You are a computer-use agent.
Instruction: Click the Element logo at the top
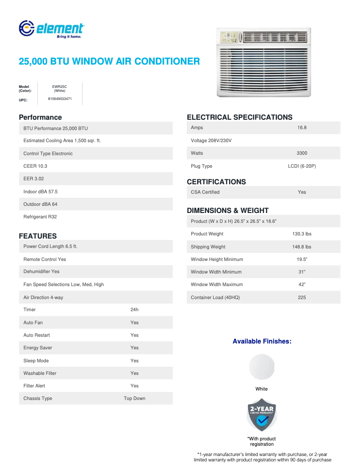pyautogui.click(x=51, y=29)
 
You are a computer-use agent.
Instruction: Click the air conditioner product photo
pyautogui.click(x=263, y=62)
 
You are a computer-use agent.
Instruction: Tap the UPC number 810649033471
pyautogui.click(x=60, y=98)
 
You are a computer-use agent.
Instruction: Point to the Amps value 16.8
pyautogui.click(x=302, y=128)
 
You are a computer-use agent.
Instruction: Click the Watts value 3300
pyautogui.click(x=302, y=153)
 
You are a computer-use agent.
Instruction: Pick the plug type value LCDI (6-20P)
pyautogui.click(x=302, y=166)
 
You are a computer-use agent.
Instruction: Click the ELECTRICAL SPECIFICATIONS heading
pyautogui.click(x=239, y=117)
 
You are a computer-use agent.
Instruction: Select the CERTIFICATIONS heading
pyautogui.click(x=216, y=182)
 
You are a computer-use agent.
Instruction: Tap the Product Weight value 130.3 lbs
pyautogui.click(x=302, y=234)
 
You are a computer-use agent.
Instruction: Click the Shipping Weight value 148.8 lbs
pyautogui.click(x=302, y=247)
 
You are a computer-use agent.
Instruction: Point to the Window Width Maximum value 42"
pyautogui.click(x=302, y=284)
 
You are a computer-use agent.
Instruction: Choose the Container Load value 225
pyautogui.click(x=302, y=297)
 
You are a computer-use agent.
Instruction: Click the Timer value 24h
pyautogui.click(x=134, y=309)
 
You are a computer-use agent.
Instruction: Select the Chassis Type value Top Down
pyautogui.click(x=134, y=398)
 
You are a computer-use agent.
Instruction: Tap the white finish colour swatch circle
pyautogui.click(x=261, y=367)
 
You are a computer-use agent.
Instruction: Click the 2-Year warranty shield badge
pyautogui.click(x=262, y=415)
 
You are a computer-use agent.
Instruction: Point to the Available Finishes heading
pyautogui.click(x=262, y=341)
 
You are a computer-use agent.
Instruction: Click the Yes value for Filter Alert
pyautogui.click(x=134, y=386)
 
